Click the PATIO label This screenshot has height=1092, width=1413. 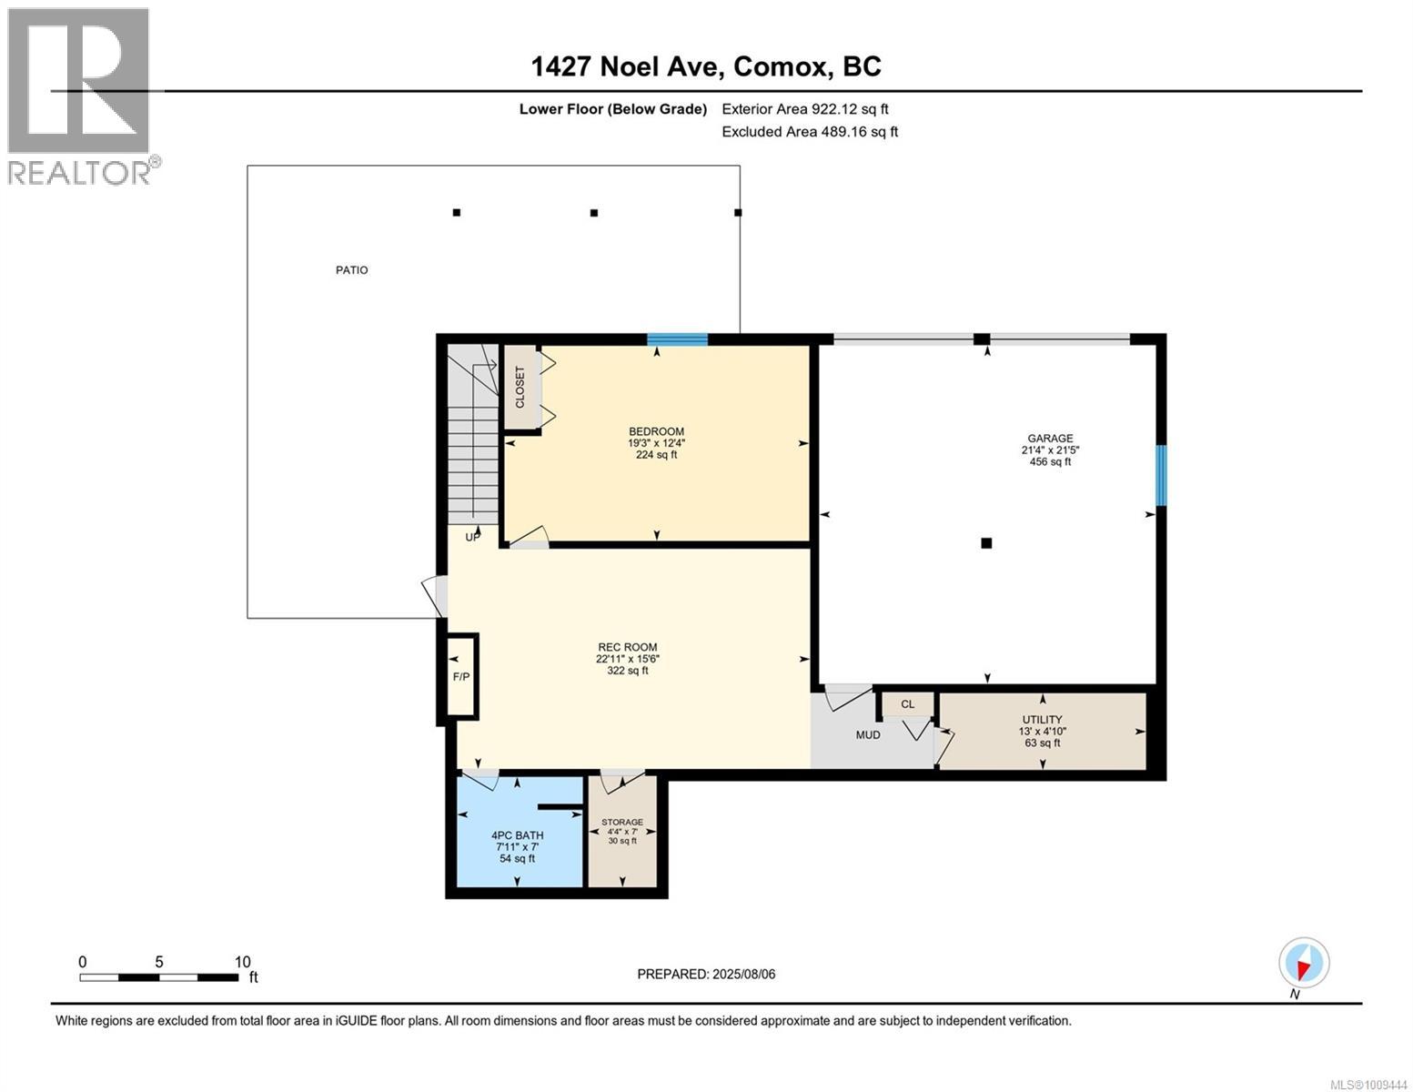coord(352,270)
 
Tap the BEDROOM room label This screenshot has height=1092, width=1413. coord(656,431)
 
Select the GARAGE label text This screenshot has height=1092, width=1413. coord(1050,439)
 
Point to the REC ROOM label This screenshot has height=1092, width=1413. coord(628,647)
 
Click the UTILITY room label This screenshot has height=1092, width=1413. coord(1043,719)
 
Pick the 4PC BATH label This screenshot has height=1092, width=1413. coord(517,835)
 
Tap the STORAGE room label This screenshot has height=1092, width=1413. coord(622,822)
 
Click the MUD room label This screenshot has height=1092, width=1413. coord(868,735)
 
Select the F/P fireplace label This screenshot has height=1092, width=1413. coord(461,677)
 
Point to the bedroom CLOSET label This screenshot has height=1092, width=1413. coord(520,387)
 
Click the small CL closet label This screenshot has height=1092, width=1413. coord(908,704)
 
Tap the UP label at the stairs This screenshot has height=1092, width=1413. coord(473,537)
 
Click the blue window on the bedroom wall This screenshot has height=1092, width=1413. coord(677,339)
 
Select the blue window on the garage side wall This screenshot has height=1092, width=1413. coord(1161,475)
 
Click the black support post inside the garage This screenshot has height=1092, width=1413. coord(986,543)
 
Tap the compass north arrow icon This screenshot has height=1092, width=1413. coord(1304,963)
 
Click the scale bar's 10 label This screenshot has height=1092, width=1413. coord(243,962)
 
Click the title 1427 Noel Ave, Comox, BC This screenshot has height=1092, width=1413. coord(706,66)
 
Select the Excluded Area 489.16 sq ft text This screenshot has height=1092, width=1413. coord(810,131)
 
